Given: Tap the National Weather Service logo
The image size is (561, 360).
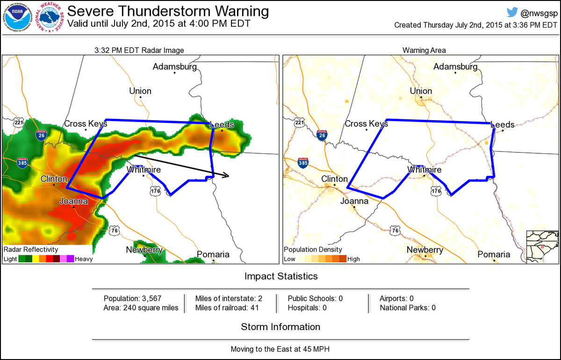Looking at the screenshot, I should (51, 18).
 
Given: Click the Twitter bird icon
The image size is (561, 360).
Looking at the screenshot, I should (512, 12).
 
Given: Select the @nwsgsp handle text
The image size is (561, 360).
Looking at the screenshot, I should (538, 13).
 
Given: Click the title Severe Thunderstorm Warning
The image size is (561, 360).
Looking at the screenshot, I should (168, 11).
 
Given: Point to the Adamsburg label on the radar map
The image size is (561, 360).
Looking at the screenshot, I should (175, 67).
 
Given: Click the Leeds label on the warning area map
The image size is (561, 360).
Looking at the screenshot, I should (502, 125).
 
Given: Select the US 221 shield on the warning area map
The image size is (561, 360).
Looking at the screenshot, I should (299, 123).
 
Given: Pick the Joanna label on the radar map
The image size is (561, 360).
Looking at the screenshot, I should (73, 202).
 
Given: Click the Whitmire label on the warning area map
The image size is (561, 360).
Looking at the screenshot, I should (424, 170).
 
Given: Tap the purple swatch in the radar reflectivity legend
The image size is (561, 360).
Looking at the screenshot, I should (70, 259).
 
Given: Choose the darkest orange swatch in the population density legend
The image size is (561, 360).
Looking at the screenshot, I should (343, 259).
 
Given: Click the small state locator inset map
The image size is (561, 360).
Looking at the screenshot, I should (542, 247).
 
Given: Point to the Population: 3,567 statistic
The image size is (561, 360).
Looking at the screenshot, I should (133, 298).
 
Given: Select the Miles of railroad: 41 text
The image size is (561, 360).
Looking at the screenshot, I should (226, 308).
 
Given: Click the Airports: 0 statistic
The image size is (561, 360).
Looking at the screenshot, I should (396, 298).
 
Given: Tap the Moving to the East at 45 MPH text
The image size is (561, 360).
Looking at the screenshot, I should (280, 349).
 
